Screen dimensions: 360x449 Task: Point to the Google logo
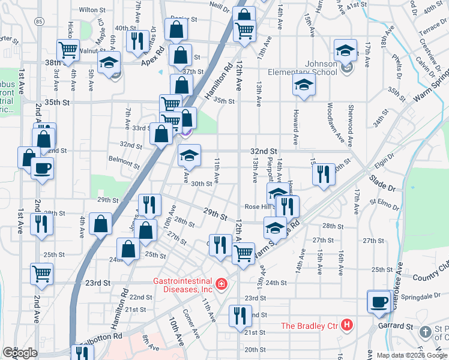pos(20,353)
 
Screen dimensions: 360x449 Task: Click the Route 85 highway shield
pos(39,22)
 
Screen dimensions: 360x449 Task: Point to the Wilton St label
pos(92,10)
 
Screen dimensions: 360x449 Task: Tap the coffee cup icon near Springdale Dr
pos(379,302)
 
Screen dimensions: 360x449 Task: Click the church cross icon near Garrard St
pos(425,332)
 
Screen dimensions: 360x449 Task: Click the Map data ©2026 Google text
pos(412,355)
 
